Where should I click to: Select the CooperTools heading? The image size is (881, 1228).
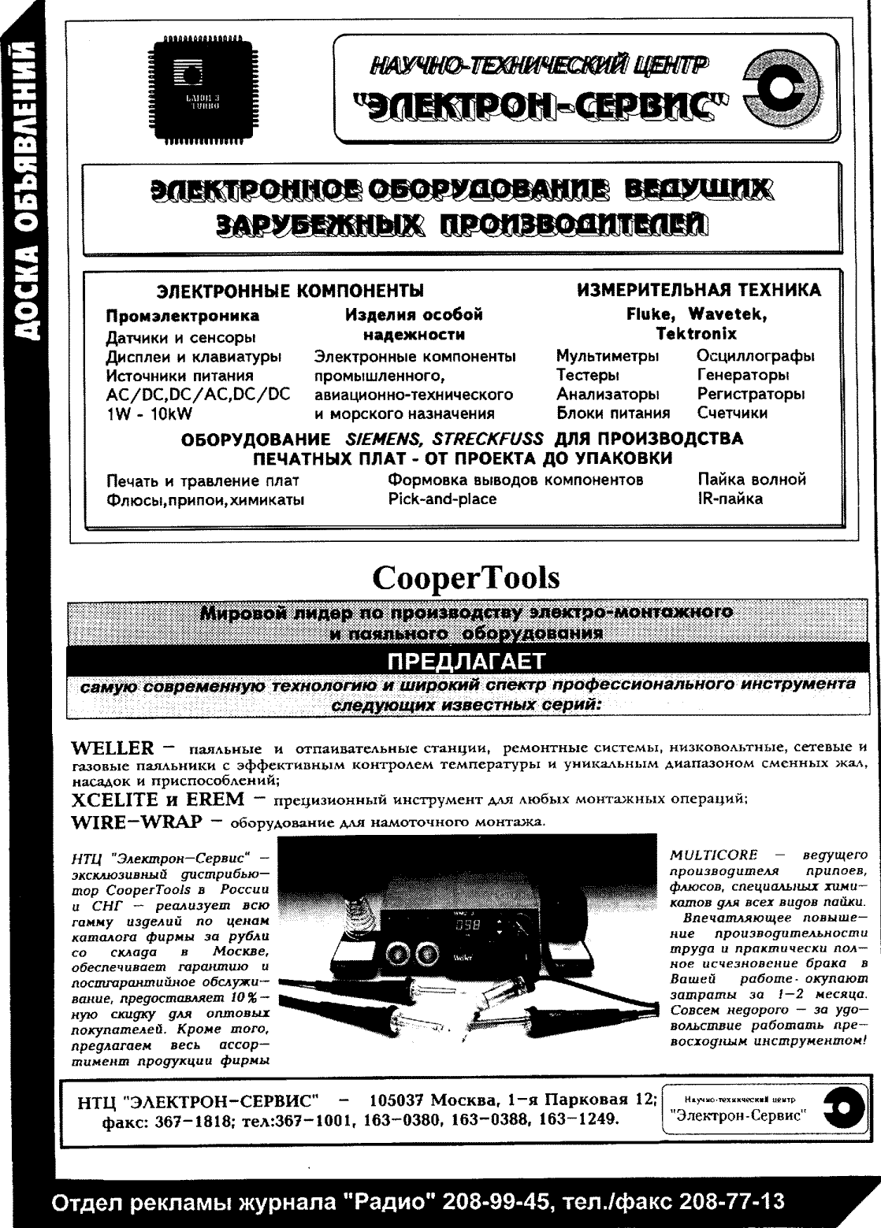(466, 578)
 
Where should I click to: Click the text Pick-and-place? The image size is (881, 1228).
(442, 499)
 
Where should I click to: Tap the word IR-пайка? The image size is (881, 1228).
(730, 499)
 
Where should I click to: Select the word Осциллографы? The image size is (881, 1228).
(756, 356)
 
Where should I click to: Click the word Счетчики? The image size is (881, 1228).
(732, 413)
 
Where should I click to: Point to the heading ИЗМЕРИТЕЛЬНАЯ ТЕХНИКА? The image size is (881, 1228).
(699, 290)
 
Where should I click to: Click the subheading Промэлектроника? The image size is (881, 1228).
(182, 317)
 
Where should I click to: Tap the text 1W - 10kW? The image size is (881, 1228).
(149, 413)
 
